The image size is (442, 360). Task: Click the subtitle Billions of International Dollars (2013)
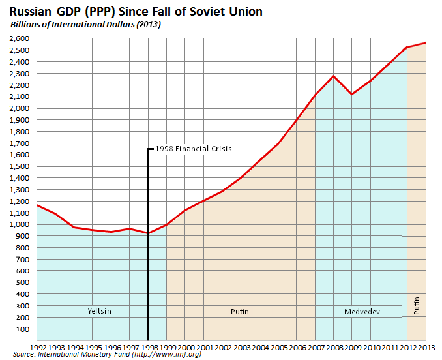[x=85, y=25]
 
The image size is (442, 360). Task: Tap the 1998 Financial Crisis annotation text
[x=194, y=149]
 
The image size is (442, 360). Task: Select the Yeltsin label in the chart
[x=99, y=311]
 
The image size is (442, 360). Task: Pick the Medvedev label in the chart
[x=361, y=311]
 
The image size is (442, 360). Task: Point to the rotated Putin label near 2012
[x=417, y=305]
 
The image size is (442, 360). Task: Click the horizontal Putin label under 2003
[x=240, y=312]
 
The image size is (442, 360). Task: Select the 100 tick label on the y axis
[x=25, y=329]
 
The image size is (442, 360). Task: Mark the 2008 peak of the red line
[x=333, y=76]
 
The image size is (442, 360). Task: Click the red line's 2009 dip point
[x=352, y=95]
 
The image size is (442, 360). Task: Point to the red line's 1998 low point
[x=149, y=233]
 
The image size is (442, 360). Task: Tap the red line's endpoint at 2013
[x=425, y=43]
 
